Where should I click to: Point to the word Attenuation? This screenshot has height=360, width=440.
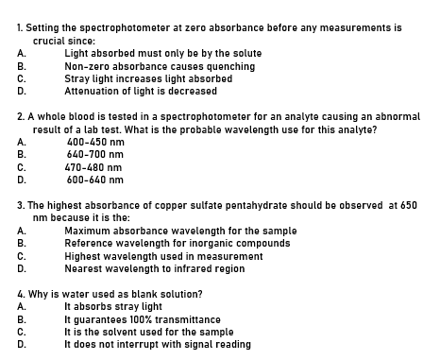tap(96, 91)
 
